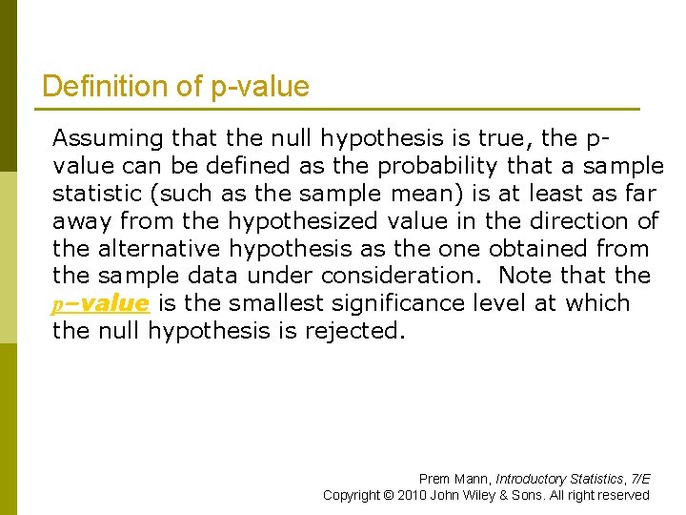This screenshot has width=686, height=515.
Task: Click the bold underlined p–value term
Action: [x=99, y=304]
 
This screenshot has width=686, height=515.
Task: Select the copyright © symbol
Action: [x=386, y=495]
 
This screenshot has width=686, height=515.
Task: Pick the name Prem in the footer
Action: [x=433, y=479]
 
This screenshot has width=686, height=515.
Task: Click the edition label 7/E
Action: [x=639, y=479]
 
